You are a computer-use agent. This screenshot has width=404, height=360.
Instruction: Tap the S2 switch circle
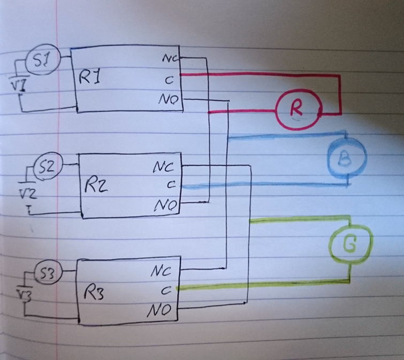point(48,167)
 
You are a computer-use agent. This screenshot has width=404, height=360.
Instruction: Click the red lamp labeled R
point(297,108)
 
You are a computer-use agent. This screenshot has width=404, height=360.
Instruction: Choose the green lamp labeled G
point(349,246)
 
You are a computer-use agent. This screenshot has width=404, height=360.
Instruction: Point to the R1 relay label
point(90,79)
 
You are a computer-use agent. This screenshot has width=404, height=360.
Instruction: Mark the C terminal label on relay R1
point(169,80)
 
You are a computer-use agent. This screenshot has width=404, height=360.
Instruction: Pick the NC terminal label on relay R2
point(163,168)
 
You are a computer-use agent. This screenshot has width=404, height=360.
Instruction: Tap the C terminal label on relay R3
point(165,290)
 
